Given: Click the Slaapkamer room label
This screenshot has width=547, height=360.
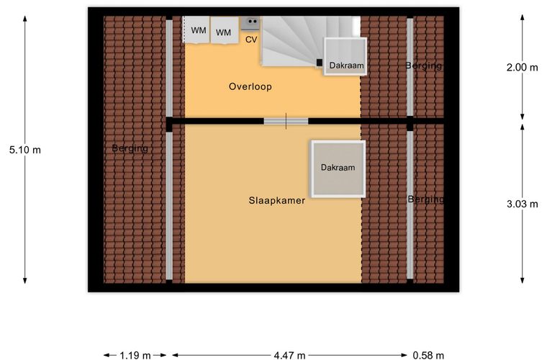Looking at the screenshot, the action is [x=277, y=201].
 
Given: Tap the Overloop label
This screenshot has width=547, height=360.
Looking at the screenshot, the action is [x=250, y=86].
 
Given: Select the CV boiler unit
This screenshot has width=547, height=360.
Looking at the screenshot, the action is [x=250, y=24].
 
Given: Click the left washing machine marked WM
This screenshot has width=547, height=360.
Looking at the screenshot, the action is [x=196, y=30].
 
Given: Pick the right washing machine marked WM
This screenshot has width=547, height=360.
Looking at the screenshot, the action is [x=225, y=31].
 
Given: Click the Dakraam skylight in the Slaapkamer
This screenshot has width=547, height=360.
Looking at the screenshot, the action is [x=338, y=168].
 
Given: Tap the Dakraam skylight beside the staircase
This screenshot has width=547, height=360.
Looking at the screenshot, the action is [x=345, y=56].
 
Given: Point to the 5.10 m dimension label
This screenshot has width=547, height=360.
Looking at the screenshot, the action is [x=25, y=150].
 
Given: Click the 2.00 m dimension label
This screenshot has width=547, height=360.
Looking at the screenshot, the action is [x=523, y=68].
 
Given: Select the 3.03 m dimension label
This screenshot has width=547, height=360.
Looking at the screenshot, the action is [x=523, y=204].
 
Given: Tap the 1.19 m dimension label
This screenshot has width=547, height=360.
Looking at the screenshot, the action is [x=135, y=356].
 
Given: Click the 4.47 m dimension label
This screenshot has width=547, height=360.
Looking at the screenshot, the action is [x=289, y=356].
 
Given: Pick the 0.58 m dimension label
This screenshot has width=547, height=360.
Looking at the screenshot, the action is [x=428, y=356].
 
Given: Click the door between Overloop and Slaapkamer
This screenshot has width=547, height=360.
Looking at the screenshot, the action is [x=286, y=122].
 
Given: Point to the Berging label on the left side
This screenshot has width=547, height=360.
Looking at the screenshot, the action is [x=130, y=148].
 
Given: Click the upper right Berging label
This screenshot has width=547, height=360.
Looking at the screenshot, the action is [x=423, y=66].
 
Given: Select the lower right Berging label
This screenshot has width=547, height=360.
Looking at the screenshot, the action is [x=426, y=199].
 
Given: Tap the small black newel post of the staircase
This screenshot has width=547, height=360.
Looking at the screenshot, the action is [x=319, y=63].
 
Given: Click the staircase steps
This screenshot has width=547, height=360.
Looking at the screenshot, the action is [x=297, y=40].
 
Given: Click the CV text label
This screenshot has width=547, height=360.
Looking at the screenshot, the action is [x=251, y=40].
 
